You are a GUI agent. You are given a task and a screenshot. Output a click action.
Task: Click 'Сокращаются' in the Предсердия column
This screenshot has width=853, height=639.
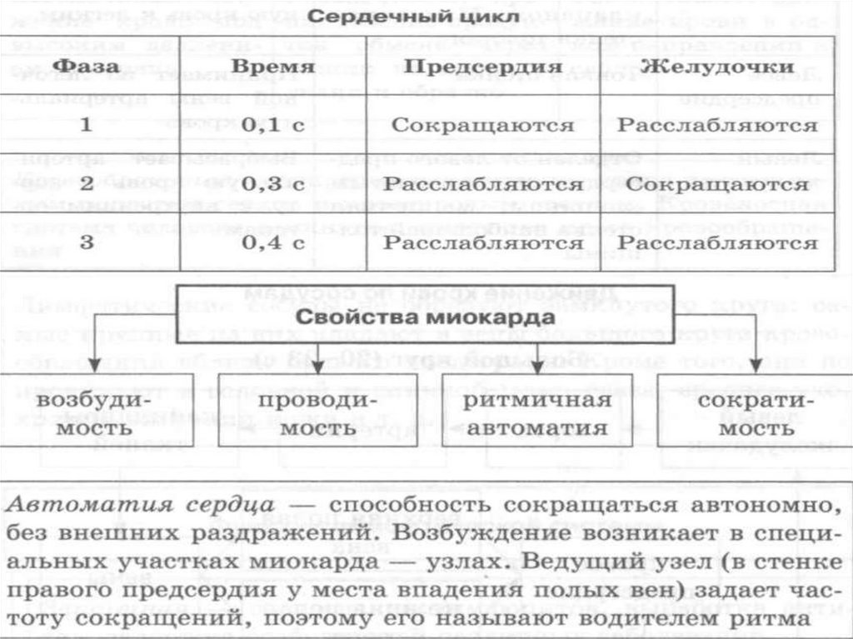pyautogui.click(x=482, y=126)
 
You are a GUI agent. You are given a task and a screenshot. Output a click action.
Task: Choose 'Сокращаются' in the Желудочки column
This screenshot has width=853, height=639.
pyautogui.click(x=717, y=184)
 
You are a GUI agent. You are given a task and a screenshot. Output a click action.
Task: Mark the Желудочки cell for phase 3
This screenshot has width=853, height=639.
pyautogui.click(x=717, y=243)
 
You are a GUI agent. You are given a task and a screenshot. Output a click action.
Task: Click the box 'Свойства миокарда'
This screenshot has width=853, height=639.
pyautogui.click(x=426, y=317)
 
